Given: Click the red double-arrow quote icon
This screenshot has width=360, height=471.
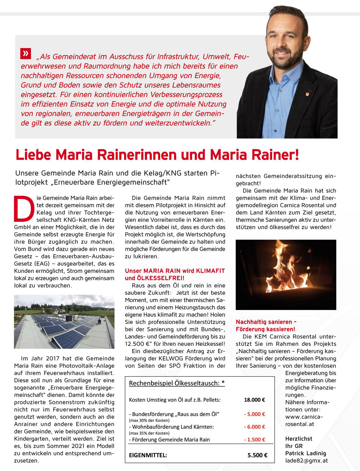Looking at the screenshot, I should coord(26,53).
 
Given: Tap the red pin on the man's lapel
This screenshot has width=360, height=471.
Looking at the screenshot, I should coord(307,93).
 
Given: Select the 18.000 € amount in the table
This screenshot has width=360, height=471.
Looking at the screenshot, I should coord(254,400).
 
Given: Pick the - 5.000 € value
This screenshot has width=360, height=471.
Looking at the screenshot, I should coord(254,414).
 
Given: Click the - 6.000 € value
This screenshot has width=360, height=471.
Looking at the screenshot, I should coord(254,427).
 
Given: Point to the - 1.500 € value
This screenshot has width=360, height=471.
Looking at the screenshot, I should coord(254,439).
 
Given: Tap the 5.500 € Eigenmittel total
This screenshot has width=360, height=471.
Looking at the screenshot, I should coord(257,455).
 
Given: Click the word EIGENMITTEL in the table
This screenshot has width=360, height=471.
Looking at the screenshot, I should coord(148,455).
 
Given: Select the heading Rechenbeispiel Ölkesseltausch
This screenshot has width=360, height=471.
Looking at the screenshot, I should coord(177,383).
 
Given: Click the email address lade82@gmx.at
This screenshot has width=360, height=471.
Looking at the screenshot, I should coord(306,460).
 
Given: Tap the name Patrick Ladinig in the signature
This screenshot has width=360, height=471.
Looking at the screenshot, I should coord(305,453).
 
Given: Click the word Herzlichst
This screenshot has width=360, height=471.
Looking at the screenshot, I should coord(299,439).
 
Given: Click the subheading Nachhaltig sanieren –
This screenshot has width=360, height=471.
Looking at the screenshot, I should coord(266,322).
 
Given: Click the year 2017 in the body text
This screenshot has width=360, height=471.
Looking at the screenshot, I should coord(53,358).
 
